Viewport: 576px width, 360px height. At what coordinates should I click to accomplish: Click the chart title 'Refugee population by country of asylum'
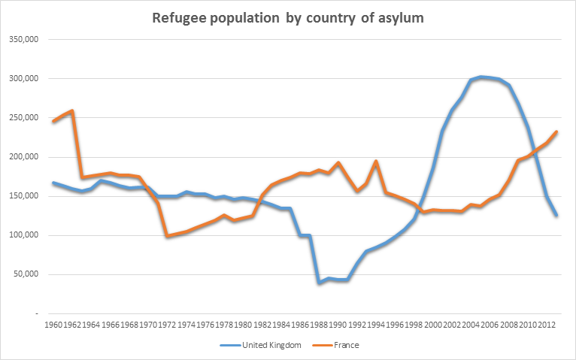(x=289, y=17)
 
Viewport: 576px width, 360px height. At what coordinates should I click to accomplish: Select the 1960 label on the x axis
(x=54, y=325)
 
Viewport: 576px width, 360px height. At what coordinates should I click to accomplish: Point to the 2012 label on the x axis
(x=547, y=325)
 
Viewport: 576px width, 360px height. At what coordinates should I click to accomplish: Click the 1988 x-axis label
(x=319, y=325)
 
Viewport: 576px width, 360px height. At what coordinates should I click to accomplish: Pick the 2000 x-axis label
(x=432, y=325)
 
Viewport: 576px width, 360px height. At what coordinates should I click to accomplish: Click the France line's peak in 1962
(x=71, y=110)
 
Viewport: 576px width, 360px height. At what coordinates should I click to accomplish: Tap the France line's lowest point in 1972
(x=167, y=236)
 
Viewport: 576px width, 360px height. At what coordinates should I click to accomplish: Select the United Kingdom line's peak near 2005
(x=481, y=77)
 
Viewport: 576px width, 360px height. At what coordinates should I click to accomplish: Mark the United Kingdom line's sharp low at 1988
(x=319, y=282)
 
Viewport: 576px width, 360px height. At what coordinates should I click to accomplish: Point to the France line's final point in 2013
(x=556, y=132)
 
